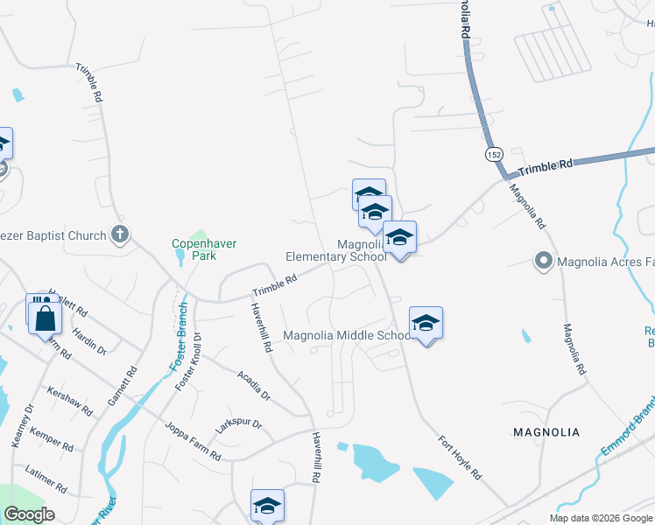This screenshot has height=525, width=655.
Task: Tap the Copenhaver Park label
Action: tap(204, 249)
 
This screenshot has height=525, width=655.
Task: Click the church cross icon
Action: tap(121, 234)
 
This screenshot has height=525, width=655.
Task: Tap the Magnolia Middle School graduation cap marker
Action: tap(426, 323)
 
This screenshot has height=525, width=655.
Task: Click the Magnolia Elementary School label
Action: tap(336, 250)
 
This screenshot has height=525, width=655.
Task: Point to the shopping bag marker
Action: tap(46, 318)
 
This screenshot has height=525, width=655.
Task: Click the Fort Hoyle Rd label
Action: tap(460, 457)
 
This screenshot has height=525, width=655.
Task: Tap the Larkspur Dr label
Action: tap(239, 427)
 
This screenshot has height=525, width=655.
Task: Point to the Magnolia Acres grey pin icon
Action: tap(543, 260)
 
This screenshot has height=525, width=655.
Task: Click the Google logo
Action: tap(30, 514)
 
